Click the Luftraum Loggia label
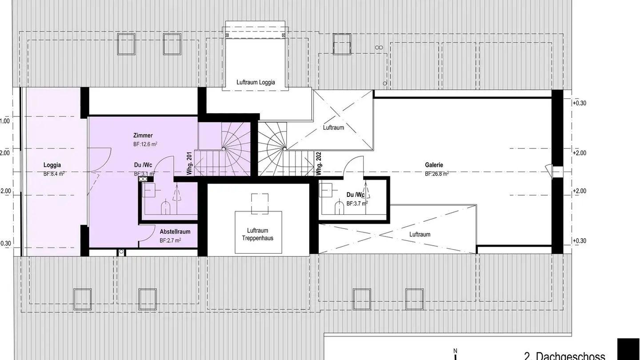[x=256, y=82]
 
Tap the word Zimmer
[x=143, y=136]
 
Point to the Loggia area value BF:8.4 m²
[x=54, y=174]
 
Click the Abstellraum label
[x=175, y=232]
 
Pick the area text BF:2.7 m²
[x=170, y=240]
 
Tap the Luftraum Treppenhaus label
[x=258, y=234]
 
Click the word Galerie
[x=434, y=165]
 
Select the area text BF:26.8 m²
[x=436, y=174]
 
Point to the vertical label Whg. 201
[x=189, y=163]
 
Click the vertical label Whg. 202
[x=318, y=163]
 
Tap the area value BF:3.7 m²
[x=357, y=204]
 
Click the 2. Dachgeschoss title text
[x=564, y=356]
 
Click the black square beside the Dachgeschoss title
[x=628, y=349]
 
